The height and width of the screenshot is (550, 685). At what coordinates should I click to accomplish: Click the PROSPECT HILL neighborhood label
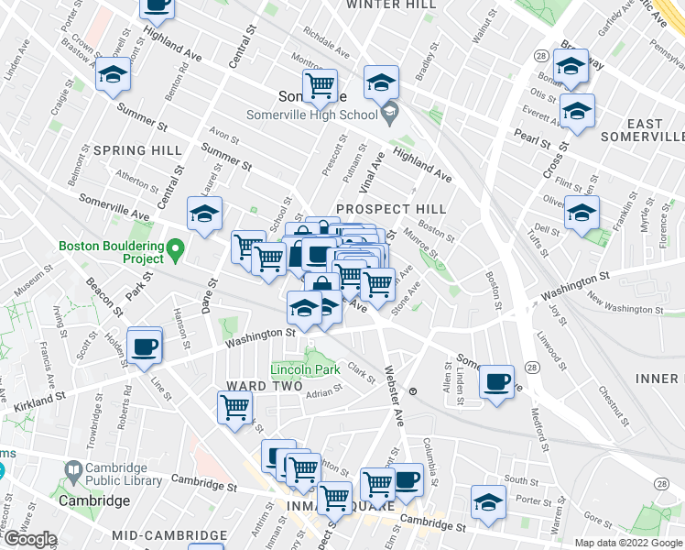tap(391, 209)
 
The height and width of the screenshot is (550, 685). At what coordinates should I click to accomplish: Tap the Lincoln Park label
tap(305, 369)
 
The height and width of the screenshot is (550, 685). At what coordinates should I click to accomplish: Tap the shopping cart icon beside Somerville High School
tap(320, 87)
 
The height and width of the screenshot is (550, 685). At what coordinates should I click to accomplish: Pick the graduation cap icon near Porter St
tap(488, 503)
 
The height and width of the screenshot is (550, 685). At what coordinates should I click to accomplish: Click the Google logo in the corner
tap(29, 540)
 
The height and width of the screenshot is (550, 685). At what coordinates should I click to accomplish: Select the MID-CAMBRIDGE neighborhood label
tap(169, 534)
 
